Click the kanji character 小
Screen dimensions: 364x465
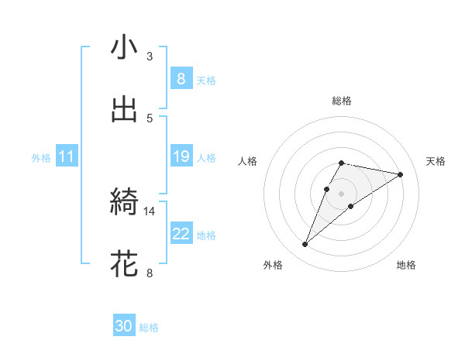coord(124,48)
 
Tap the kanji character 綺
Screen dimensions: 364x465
coord(124,203)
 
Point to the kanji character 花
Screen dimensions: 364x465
coord(124,264)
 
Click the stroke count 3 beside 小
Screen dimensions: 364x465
coord(150,57)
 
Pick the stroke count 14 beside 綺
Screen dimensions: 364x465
coord(150,211)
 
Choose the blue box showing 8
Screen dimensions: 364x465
coord(181,79)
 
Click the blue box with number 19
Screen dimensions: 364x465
coord(181,157)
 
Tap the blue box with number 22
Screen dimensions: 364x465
coord(181,234)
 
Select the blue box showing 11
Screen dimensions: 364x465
coord(67,157)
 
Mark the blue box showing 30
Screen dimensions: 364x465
coord(124,327)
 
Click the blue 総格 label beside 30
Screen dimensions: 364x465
coord(149,328)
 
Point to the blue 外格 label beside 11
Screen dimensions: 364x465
coord(41,158)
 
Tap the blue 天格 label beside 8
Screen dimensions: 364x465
coord(206,80)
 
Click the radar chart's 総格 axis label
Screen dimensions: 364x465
coord(342,101)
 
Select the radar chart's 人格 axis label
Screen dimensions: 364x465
coord(248,161)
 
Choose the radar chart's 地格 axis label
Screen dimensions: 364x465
coord(406,265)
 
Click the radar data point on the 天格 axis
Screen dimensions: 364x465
coord(400,174)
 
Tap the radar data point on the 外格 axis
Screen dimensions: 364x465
coord(305,245)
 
